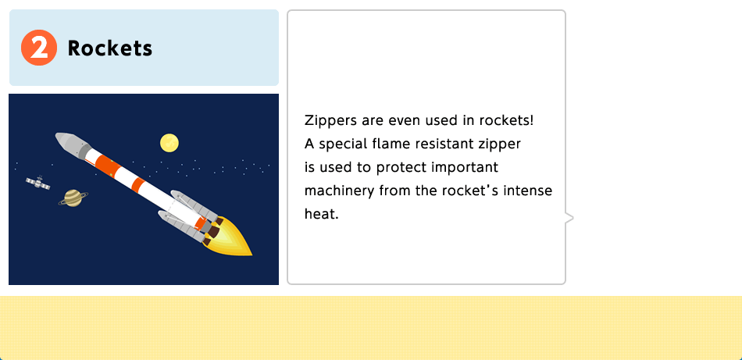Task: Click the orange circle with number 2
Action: (x=39, y=48)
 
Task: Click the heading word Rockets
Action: (x=110, y=48)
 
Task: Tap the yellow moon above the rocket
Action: (x=169, y=143)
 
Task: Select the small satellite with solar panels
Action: (x=38, y=182)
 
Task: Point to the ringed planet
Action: (x=73, y=198)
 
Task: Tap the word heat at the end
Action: (x=322, y=214)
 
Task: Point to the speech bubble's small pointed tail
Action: (x=569, y=218)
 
